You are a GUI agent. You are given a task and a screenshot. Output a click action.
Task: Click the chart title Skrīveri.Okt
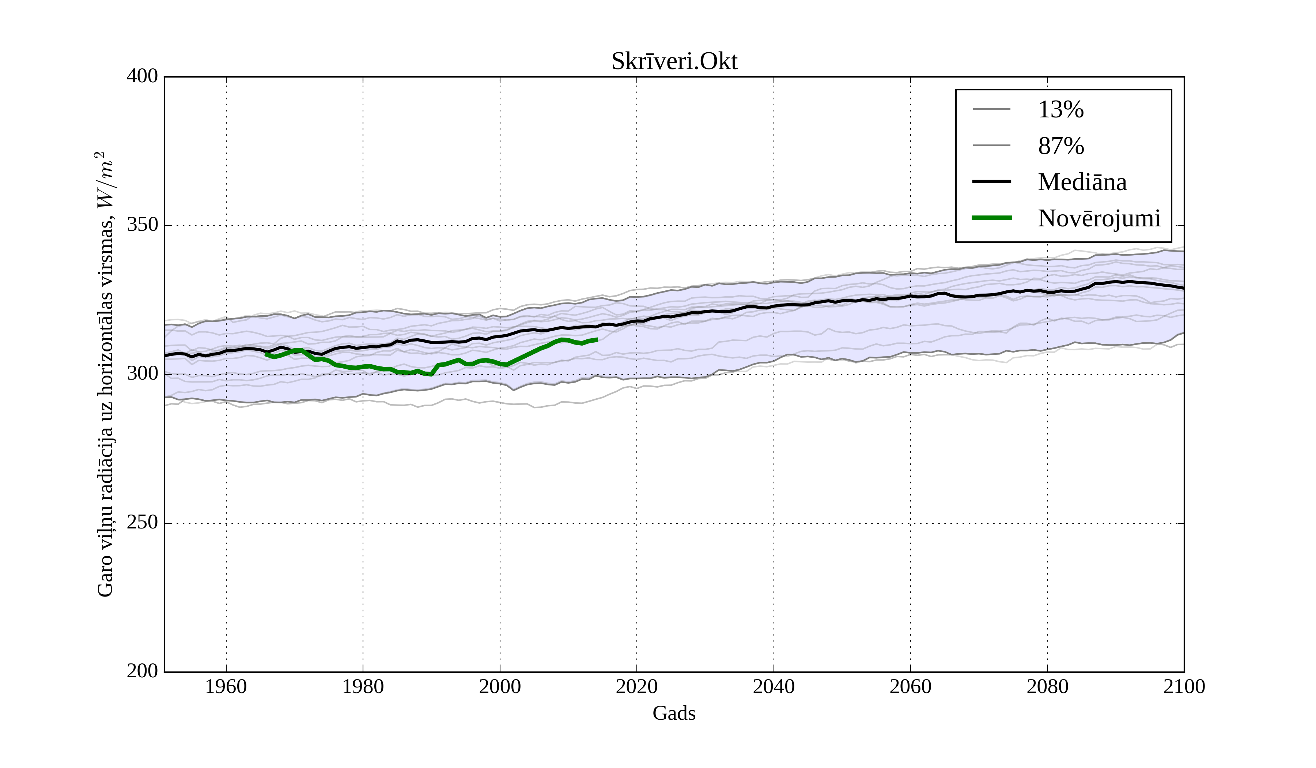674,62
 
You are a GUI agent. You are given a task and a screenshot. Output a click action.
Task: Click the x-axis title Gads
674,713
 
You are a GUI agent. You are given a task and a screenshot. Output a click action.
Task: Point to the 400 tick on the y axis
142,76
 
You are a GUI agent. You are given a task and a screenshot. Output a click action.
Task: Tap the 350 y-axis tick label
142,225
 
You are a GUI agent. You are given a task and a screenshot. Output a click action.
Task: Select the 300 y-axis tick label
142,374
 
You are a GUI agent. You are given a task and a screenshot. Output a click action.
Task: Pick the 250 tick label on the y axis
142,523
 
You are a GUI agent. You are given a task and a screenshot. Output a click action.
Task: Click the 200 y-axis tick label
142,671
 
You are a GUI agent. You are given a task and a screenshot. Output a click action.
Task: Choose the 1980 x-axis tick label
363,686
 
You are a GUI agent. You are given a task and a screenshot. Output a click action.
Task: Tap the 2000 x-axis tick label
500,686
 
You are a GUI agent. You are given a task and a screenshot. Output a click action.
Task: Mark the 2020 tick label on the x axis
636,686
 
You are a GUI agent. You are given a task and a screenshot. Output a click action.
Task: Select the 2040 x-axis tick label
774,686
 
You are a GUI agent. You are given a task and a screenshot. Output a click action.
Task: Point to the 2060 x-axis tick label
910,686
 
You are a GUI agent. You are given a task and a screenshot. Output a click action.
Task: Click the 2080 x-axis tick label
1047,686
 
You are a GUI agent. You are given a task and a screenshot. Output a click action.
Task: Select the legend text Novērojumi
1099,218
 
